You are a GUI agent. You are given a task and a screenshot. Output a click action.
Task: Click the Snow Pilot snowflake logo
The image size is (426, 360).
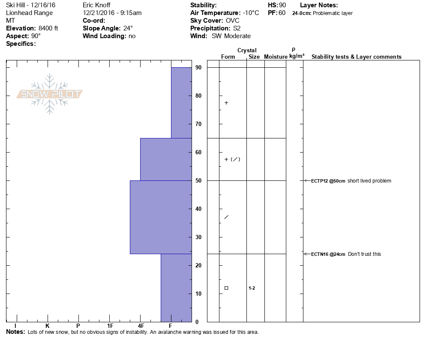pyautogui.click(x=50, y=94)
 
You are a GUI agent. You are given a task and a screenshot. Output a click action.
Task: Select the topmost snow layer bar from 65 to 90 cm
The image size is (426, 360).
pyautogui.click(x=181, y=103)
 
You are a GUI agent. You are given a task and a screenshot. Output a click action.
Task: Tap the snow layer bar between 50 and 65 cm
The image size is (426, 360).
pyautogui.click(x=166, y=159)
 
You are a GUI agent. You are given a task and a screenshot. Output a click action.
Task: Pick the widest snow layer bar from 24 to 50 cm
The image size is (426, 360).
pyautogui.click(x=161, y=217)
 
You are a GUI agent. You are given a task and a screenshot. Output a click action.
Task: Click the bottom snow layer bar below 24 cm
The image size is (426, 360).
pyautogui.click(x=176, y=288)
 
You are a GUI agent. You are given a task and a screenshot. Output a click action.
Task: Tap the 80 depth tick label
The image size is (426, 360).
pyautogui.click(x=198, y=96)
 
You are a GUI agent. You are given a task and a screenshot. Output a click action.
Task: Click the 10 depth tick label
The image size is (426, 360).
pyautogui.click(x=198, y=294)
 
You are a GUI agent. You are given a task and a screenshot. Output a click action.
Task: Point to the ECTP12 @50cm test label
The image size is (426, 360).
pyautogui.click(x=328, y=181)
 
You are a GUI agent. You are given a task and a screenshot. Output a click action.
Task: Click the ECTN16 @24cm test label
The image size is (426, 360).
pyautogui.click(x=328, y=254)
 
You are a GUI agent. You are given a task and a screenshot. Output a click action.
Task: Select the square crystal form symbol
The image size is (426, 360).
pyautogui.click(x=226, y=288)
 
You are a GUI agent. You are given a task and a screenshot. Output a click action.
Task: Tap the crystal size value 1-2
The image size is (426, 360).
pyautogui.click(x=252, y=288)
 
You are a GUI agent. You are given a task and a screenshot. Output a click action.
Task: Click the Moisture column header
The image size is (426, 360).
pyautogui.click(x=276, y=57)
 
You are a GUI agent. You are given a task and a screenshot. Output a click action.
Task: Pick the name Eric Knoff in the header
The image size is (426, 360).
pyautogui.click(x=96, y=5)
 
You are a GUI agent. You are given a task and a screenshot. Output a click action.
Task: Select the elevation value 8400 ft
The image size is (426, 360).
pyautogui.click(x=48, y=28)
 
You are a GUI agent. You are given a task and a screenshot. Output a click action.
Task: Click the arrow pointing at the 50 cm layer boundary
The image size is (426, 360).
pyautogui.click(x=306, y=180)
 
